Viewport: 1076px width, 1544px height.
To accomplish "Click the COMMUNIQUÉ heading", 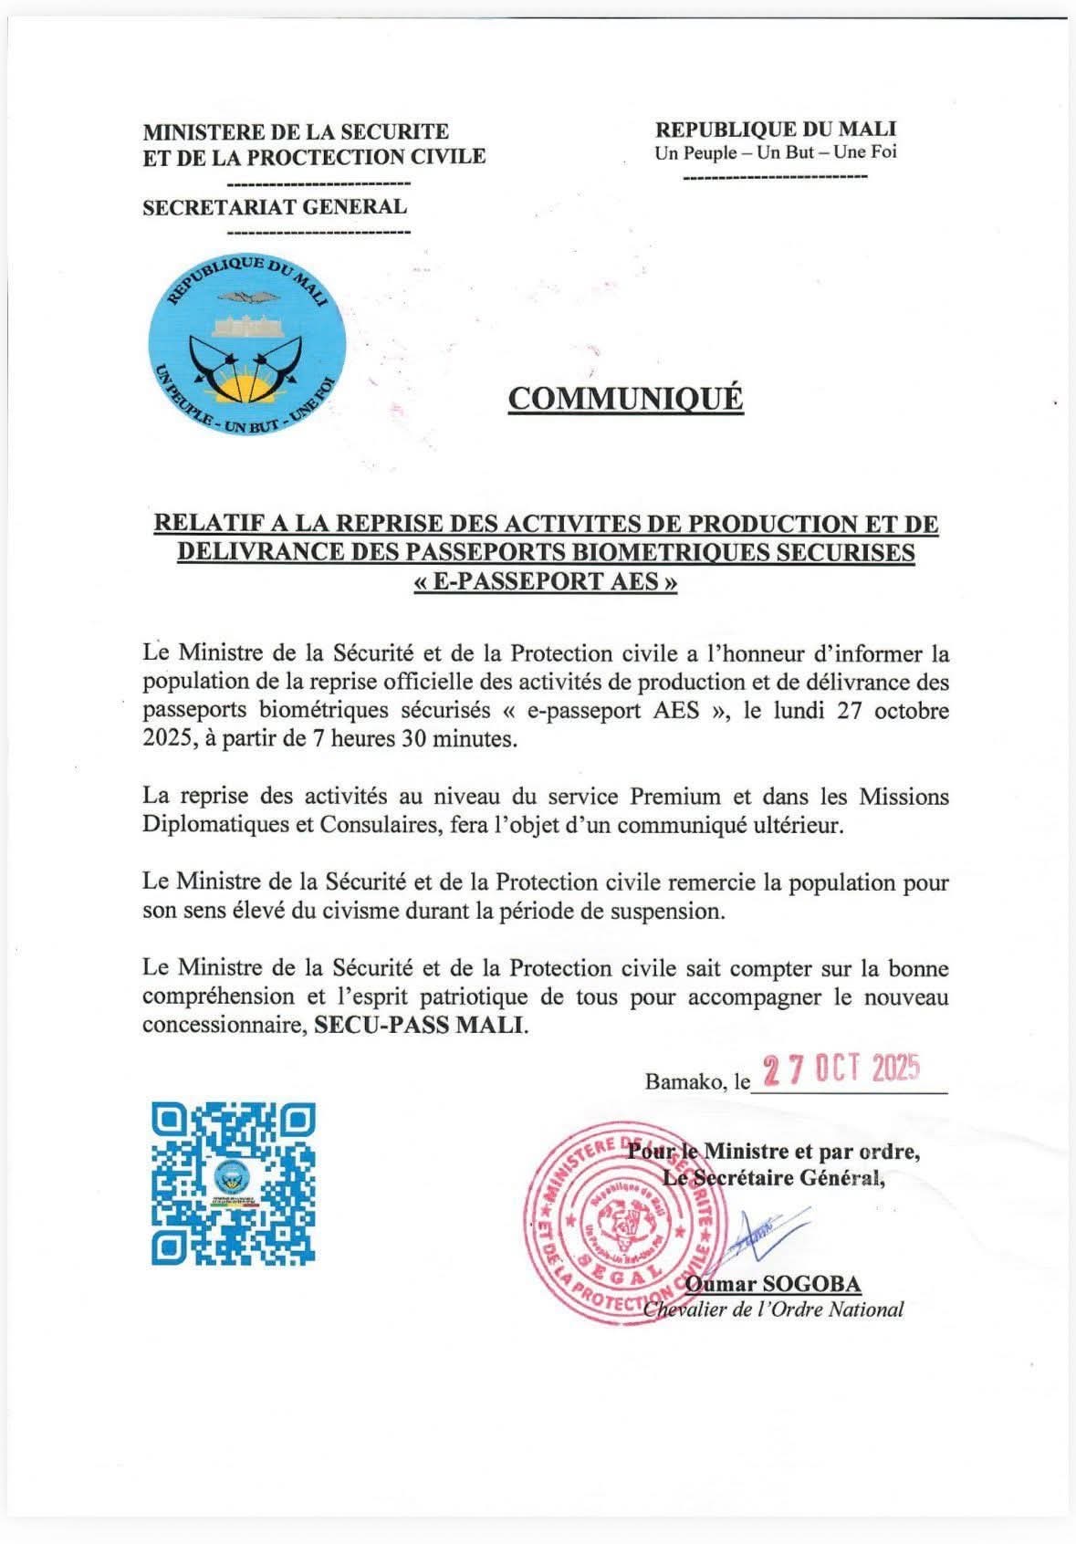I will point(625,399).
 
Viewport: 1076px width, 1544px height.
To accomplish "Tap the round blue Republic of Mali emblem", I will point(245,345).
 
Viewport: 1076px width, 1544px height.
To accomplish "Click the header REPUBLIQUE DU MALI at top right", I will point(776,130).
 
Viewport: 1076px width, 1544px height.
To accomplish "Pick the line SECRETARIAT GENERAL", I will point(275,206).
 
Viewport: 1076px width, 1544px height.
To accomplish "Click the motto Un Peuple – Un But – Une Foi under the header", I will point(776,152).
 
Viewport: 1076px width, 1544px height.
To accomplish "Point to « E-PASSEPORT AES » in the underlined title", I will point(546,582).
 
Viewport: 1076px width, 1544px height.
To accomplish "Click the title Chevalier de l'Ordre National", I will point(774,1309).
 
